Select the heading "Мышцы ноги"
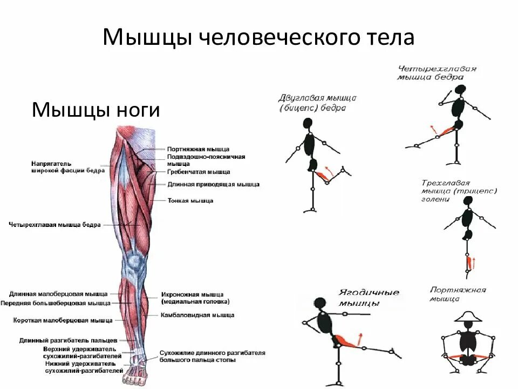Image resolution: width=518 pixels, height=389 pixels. pyautogui.click(x=96, y=110)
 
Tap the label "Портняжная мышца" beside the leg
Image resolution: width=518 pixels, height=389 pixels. pyautogui.click(x=198, y=149)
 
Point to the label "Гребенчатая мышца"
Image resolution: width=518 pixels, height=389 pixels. pyautogui.click(x=199, y=172)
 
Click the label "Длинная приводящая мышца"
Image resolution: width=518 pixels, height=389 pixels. pyautogui.click(x=213, y=184)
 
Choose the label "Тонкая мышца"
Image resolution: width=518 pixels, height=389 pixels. pyautogui.click(x=190, y=200)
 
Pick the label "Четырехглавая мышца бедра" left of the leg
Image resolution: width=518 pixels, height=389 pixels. pyautogui.click(x=55, y=225)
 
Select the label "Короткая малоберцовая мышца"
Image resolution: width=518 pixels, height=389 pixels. pyautogui.click(x=63, y=320)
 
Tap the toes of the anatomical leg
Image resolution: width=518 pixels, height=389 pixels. pyautogui.click(x=131, y=380)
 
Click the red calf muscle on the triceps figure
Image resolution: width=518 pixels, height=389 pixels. pyautogui.click(x=468, y=265)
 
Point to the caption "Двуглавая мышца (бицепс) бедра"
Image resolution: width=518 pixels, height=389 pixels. pyautogui.click(x=317, y=103)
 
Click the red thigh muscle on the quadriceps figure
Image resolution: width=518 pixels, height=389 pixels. pyautogui.click(x=446, y=131)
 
